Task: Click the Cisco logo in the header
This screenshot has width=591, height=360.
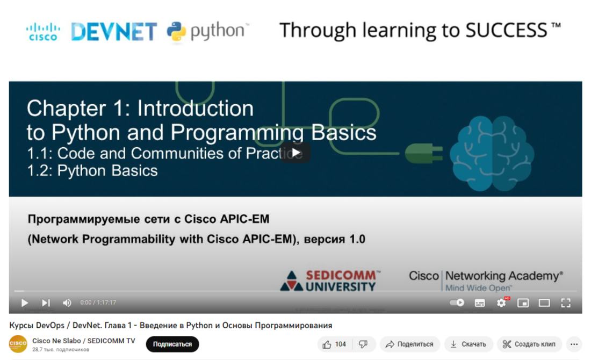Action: pyautogui.click(x=43, y=32)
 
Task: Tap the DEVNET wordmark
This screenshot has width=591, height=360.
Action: pyautogui.click(x=114, y=32)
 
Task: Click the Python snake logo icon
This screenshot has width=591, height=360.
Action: pyautogui.click(x=176, y=32)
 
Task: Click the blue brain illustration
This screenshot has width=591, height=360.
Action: pyautogui.click(x=492, y=153)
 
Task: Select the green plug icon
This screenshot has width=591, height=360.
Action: pyautogui.click(x=424, y=154)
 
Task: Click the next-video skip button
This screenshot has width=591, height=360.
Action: pyautogui.click(x=46, y=303)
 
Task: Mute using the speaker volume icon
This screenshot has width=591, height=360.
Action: pyautogui.click(x=67, y=303)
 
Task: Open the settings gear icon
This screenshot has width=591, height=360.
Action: pyautogui.click(x=501, y=303)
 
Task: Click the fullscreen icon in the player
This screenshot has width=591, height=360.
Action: pyautogui.click(x=566, y=303)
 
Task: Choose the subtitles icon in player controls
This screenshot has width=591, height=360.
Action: pyautogui.click(x=480, y=303)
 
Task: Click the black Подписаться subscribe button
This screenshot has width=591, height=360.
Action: pyautogui.click(x=172, y=344)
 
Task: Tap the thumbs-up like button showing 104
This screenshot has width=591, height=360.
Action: pyautogui.click(x=334, y=344)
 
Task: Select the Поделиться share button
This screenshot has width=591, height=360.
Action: pyautogui.click(x=410, y=344)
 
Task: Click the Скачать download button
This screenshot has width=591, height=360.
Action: pyautogui.click(x=469, y=344)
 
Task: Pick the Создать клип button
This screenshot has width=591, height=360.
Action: pyautogui.click(x=529, y=344)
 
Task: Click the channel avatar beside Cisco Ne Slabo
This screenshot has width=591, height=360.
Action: pyautogui.click(x=18, y=344)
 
